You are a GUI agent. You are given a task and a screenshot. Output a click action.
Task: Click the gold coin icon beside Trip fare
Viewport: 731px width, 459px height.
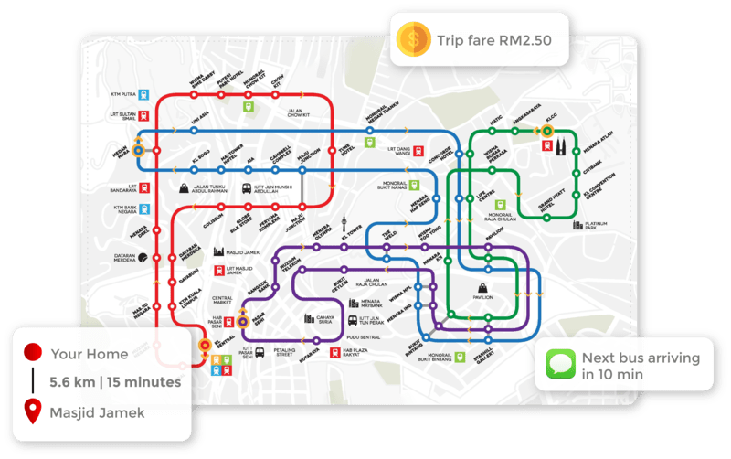tap(415, 40)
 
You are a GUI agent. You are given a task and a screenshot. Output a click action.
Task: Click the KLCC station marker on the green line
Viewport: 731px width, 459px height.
tap(546, 131)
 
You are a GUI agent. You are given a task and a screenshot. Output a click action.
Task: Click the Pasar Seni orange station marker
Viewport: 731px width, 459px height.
tap(243, 321)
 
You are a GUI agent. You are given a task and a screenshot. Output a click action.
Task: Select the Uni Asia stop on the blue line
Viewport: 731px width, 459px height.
tap(195, 131)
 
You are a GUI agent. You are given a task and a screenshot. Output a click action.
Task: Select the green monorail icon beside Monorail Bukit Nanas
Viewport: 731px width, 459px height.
tap(412, 186)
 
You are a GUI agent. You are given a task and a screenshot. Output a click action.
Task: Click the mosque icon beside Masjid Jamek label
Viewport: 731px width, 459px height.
tap(220, 251)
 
